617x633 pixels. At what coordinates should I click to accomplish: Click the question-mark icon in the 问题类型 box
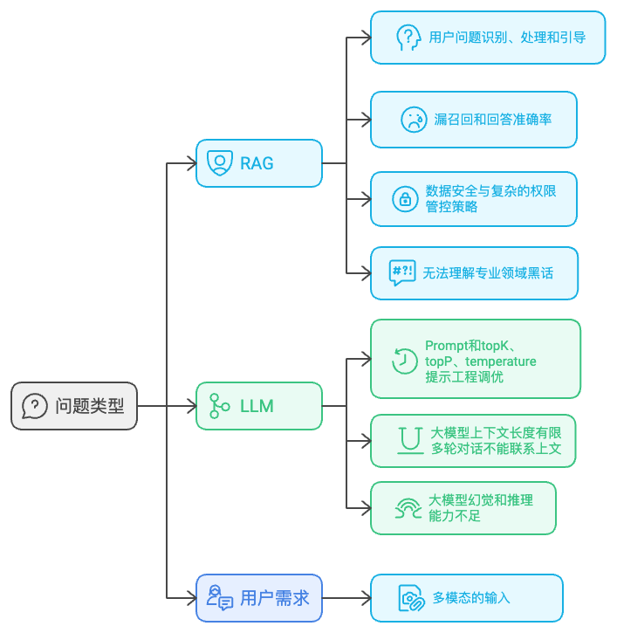[35, 406]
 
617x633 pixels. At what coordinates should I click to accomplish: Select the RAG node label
[257, 162]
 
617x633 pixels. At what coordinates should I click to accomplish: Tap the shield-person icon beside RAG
[220, 162]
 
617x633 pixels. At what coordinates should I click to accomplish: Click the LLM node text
[257, 406]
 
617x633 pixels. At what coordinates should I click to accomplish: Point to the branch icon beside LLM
[220, 406]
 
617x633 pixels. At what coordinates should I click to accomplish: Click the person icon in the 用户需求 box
[219, 598]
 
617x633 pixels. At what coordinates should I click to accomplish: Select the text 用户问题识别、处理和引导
[506, 38]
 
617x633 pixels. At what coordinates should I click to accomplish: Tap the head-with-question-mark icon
[408, 38]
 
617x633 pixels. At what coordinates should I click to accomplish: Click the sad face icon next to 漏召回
[413, 119]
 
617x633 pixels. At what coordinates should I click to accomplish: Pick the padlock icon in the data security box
[405, 198]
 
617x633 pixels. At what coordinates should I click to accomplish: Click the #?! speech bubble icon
[402, 272]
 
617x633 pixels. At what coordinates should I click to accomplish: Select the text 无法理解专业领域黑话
[488, 272]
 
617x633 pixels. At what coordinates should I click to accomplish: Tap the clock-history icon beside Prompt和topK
[404, 361]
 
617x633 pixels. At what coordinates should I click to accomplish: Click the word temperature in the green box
[504, 361]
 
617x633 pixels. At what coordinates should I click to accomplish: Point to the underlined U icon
[408, 440]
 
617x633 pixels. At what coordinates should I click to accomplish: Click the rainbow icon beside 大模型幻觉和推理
[408, 508]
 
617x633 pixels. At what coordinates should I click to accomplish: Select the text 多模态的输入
[471, 598]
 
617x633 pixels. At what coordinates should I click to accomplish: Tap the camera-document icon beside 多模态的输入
[410, 598]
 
